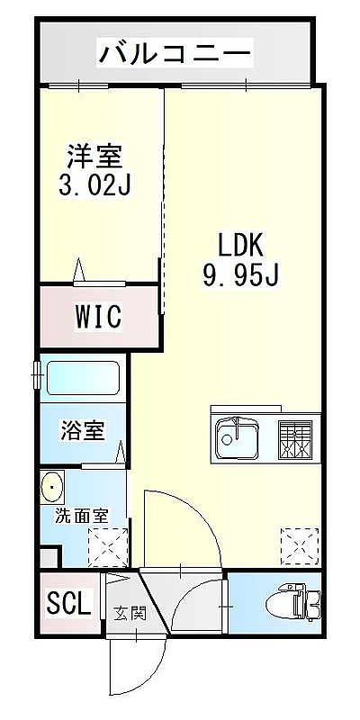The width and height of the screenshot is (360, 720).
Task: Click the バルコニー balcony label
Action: click(x=175, y=53)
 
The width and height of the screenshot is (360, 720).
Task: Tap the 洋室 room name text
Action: click(x=95, y=157)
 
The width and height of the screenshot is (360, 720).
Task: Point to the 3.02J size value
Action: click(x=95, y=184)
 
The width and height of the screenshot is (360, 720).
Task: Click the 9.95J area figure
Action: click(x=240, y=275)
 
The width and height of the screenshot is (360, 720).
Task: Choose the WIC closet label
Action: click(x=99, y=316)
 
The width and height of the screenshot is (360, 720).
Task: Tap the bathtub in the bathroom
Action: click(x=83, y=377)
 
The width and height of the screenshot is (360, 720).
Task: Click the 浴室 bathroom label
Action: click(x=83, y=431)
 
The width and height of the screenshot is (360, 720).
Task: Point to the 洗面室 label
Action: click(x=82, y=516)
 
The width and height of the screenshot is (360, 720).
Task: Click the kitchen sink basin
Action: click(x=237, y=437)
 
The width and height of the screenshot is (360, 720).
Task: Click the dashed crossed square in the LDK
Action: click(x=300, y=546)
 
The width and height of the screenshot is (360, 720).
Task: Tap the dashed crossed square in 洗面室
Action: click(x=108, y=546)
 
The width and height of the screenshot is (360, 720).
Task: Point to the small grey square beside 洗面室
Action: click(x=49, y=557)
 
